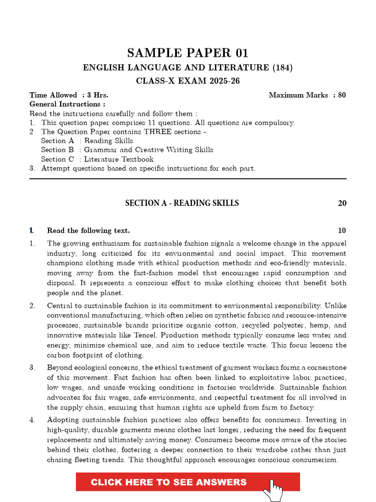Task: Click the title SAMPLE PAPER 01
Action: (188, 53)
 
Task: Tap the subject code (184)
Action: (282, 68)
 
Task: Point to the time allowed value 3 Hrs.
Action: (98, 95)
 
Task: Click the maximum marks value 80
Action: (342, 95)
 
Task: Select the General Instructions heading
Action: (67, 104)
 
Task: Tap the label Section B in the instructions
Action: (57, 150)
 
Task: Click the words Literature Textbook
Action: (118, 159)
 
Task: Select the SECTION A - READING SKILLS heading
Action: (182, 203)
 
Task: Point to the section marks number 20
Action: (342, 203)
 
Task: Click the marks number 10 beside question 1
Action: (342, 230)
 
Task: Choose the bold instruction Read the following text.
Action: (88, 230)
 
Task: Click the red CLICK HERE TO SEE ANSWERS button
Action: (169, 482)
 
